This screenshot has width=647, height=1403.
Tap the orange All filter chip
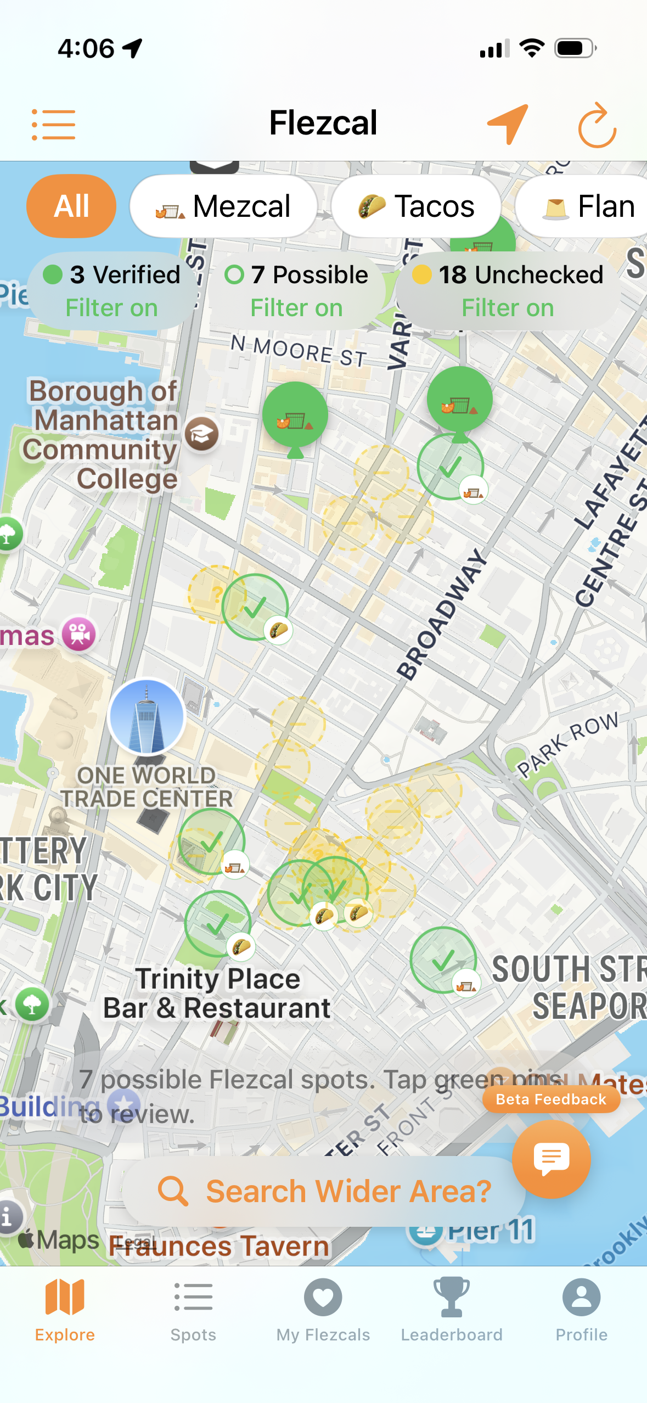[x=71, y=206]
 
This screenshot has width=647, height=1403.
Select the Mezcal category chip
[x=223, y=206]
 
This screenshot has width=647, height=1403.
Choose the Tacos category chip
[x=416, y=206]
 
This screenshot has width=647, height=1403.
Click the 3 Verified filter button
[x=112, y=290]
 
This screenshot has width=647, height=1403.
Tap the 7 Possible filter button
[x=296, y=290]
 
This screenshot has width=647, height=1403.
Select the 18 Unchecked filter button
[x=508, y=290]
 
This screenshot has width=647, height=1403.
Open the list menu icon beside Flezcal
[x=53, y=124]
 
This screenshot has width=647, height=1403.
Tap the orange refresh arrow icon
[x=597, y=125]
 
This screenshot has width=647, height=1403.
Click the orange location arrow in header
[x=508, y=124]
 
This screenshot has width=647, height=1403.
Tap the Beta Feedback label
[x=551, y=1099]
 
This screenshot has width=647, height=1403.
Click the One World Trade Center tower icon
[x=147, y=716]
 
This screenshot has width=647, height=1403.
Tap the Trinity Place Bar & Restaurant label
[x=217, y=994]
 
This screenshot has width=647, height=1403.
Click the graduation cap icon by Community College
[x=201, y=434]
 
